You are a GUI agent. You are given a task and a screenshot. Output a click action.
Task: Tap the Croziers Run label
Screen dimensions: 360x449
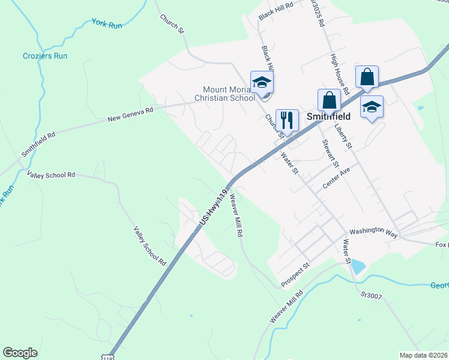pos(46,56)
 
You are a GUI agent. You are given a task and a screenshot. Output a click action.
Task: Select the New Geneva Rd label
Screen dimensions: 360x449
pos(130,112)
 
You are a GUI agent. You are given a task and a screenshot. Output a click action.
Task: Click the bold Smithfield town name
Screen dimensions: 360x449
pos(329,117)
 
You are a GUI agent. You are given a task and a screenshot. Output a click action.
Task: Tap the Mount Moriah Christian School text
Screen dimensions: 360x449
pos(224,94)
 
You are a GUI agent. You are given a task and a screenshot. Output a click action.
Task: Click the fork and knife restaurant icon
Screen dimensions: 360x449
pos(286,119)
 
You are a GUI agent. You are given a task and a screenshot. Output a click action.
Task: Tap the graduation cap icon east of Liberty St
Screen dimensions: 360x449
pos(372,106)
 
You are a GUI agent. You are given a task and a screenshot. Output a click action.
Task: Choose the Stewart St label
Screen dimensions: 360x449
pos(331,154)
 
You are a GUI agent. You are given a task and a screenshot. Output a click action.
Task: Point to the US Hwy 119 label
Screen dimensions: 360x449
pos(214,208)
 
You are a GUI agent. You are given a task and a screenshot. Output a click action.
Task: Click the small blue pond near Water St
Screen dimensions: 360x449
pos(358,266)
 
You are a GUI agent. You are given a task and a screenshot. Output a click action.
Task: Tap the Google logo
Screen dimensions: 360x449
pos(20,353)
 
